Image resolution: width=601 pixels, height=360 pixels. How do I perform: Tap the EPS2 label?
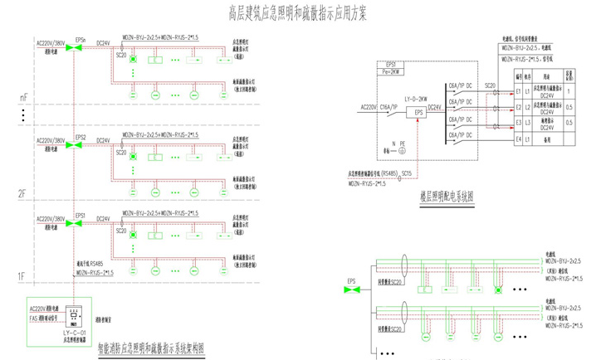pyautogui.click(x=81, y=135)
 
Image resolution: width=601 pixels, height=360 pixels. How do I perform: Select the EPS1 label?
pyautogui.click(x=81, y=216)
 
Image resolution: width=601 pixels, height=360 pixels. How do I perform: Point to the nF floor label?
pyautogui.click(x=23, y=97)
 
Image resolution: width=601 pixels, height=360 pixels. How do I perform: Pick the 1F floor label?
pyautogui.click(x=23, y=274)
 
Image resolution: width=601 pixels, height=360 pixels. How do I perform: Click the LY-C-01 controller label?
pyautogui.click(x=75, y=331)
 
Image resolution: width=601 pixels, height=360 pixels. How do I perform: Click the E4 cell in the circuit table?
pyautogui.click(x=517, y=139)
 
